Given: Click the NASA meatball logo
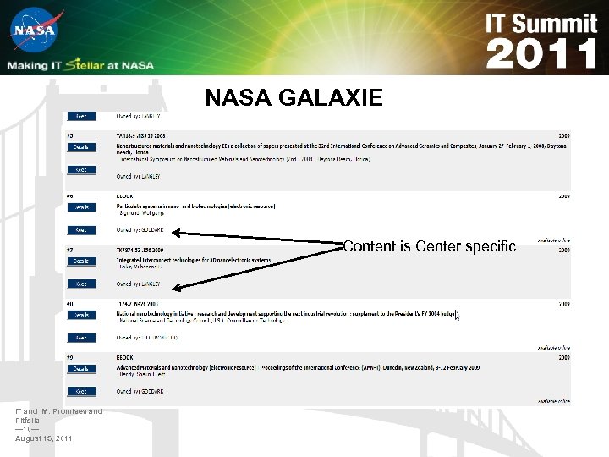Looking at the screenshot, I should (x=33, y=32).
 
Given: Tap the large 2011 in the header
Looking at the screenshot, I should (x=541, y=54).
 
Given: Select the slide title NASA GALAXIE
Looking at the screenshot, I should (x=294, y=99).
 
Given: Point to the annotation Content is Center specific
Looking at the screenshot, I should (x=429, y=246).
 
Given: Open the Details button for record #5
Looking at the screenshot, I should (x=81, y=146).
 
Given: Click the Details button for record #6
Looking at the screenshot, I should (x=81, y=206).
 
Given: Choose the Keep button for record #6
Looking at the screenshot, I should (x=81, y=230).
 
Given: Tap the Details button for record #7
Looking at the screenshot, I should (x=81, y=262).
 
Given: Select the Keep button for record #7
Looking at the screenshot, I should (x=81, y=284).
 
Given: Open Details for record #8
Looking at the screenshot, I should (x=81, y=315).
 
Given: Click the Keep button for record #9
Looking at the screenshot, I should (x=81, y=392).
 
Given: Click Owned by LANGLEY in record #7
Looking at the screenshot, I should (x=139, y=284).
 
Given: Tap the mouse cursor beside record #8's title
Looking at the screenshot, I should (x=457, y=317).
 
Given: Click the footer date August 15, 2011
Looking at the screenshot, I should (x=44, y=438).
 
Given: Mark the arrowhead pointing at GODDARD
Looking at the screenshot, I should (x=175, y=231).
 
